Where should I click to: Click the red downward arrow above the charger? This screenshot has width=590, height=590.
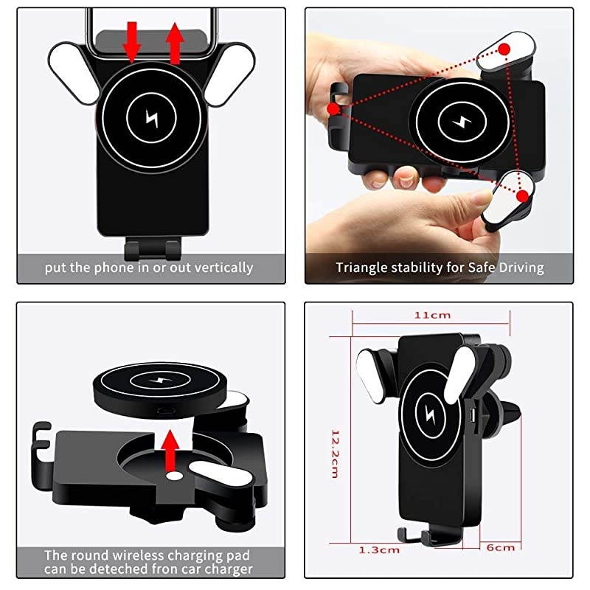tap(132, 42)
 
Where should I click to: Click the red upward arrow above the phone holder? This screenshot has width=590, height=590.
tap(175, 43)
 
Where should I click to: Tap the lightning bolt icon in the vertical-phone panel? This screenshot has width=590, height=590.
tap(152, 118)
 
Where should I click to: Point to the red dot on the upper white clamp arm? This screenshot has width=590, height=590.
tap(505, 49)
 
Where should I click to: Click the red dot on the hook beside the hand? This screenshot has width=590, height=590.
tap(333, 109)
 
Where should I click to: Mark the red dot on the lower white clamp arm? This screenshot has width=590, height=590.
tap(522, 196)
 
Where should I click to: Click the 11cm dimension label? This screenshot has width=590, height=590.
tap(432, 316)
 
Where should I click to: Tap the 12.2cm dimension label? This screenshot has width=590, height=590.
tap(335, 454)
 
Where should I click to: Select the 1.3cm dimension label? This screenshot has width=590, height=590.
tap(379, 550)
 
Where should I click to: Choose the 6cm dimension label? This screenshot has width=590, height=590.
tap(501, 547)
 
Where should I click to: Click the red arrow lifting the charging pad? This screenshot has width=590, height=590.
tap(170, 451)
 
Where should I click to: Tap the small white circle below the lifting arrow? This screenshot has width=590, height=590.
tap(175, 476)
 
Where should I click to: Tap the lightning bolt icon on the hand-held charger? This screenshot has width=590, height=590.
tap(462, 122)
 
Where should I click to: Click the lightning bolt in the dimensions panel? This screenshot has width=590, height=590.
tap(430, 414)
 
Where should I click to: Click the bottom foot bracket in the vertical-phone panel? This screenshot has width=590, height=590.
tap(153, 248)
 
